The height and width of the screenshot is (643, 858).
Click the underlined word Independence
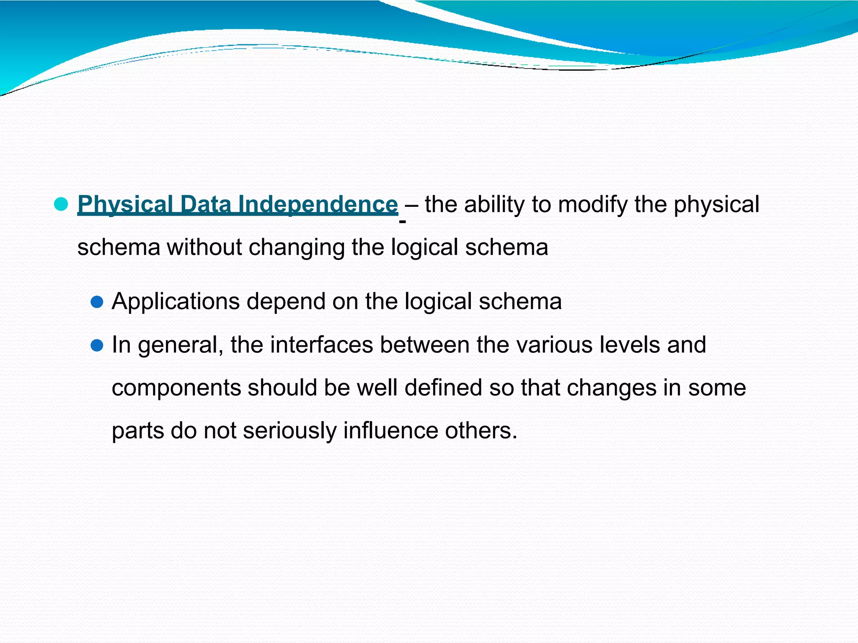tap(317, 205)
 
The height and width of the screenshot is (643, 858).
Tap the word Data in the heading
tap(206, 205)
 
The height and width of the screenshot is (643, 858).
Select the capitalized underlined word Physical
tap(125, 205)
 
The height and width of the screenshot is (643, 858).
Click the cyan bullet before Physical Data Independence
tap(61, 204)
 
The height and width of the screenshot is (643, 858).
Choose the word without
tap(204, 247)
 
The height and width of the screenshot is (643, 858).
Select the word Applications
tap(176, 302)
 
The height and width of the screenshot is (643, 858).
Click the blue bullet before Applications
tap(97, 302)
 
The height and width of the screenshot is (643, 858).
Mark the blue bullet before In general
tap(97, 345)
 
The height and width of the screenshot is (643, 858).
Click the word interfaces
tap(321, 345)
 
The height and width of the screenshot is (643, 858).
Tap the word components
tap(176, 388)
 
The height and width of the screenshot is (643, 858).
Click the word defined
tap(443, 388)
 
